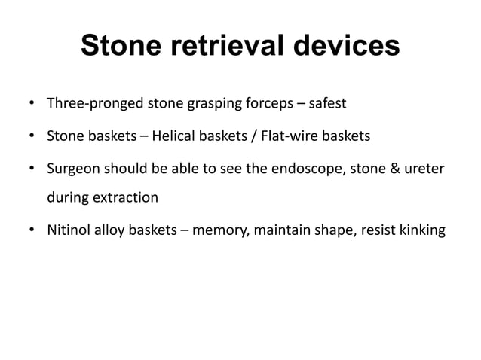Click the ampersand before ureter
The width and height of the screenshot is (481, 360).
[x=393, y=170]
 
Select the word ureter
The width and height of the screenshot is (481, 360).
[x=424, y=170]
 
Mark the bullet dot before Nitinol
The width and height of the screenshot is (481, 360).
[x=32, y=231]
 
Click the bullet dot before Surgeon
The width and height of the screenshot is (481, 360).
[x=32, y=170]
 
